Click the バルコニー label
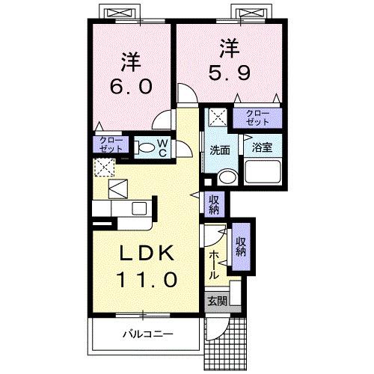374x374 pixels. tap(148, 334)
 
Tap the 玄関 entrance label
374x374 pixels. tap(217, 302)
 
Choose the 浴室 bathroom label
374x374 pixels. tap(262, 147)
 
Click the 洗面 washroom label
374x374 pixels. tap(219, 148)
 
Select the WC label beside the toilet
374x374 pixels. tap(165, 147)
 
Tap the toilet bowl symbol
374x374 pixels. tap(147, 148)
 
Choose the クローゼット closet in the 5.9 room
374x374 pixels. tap(257, 117)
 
